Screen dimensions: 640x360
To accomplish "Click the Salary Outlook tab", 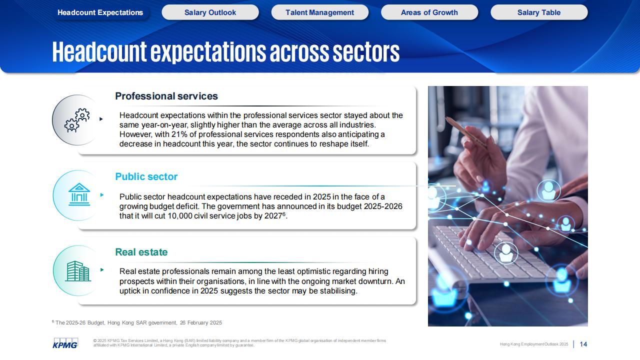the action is point(210,12).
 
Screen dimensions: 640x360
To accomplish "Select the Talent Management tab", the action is point(319,12).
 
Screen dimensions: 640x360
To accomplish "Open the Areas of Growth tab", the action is point(429,12).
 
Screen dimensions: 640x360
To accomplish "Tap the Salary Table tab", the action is point(539,12).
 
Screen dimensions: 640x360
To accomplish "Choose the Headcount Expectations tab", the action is point(100,12).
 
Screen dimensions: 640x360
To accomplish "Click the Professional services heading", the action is point(166,96).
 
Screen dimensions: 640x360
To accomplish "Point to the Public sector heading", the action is point(146,177).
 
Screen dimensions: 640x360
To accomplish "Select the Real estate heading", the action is point(141,252).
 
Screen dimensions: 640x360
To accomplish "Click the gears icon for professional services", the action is point(77,120).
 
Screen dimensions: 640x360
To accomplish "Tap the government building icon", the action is point(79,194).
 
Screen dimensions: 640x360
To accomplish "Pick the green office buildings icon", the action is point(77,271).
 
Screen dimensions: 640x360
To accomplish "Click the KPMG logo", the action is point(65,343).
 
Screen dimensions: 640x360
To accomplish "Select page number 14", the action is point(583,344).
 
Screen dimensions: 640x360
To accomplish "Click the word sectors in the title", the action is point(366,52).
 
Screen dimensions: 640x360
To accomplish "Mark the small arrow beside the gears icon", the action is point(101,119).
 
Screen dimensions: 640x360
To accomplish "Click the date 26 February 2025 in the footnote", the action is point(200,323).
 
